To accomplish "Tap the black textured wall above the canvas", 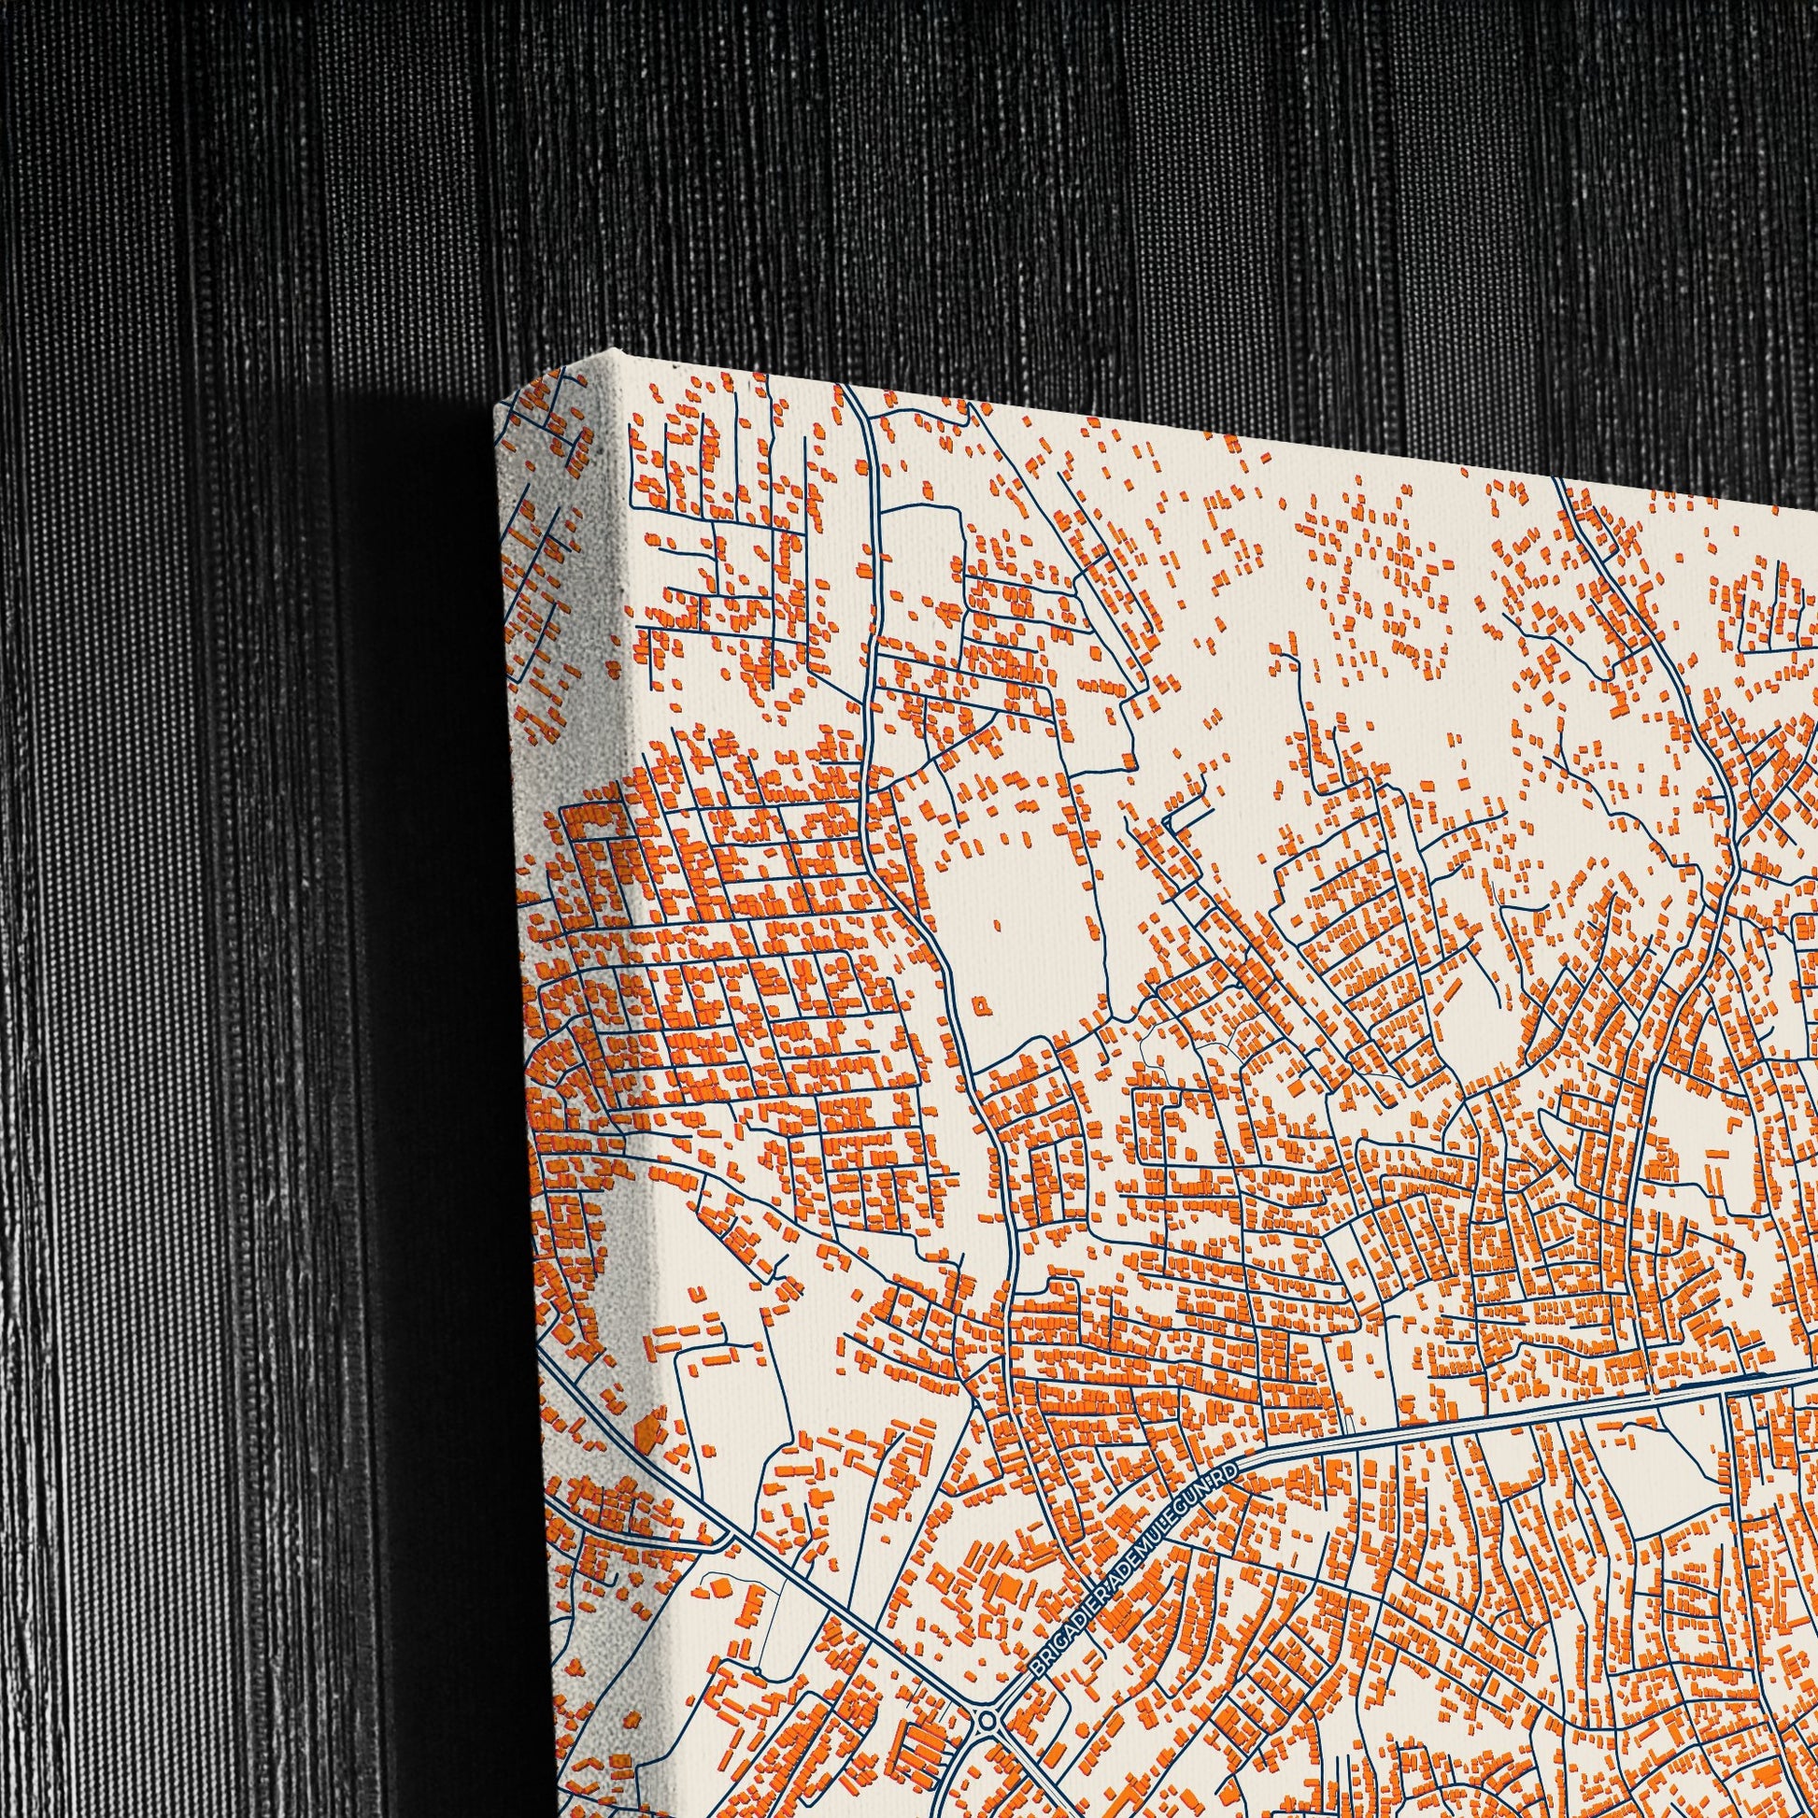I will pos(1035,188).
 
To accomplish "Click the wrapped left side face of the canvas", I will pos(564,941).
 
